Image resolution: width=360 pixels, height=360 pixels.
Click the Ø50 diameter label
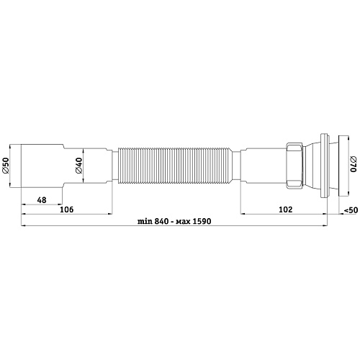coord(6,166)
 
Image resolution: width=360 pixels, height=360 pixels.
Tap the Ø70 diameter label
coord(352,166)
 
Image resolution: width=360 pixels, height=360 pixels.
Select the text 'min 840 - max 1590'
coord(174,222)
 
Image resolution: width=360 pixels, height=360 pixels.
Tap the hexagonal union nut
coord(294,166)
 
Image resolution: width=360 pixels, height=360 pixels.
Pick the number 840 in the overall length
coord(158,222)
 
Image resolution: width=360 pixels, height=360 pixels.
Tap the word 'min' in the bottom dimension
coord(143,222)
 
